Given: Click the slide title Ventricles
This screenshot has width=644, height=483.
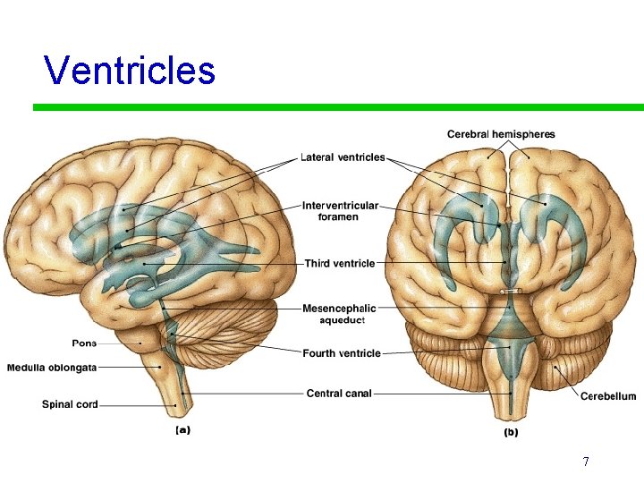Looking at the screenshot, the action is (130, 70).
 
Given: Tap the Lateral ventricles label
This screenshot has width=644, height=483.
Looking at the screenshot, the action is (343, 157).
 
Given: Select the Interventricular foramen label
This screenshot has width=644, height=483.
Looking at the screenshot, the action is (340, 211).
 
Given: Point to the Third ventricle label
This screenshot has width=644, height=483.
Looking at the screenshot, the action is (340, 264).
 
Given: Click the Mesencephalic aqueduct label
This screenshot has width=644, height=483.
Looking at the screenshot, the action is (339, 314).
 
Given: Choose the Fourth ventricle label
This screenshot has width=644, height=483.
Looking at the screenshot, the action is (342, 353).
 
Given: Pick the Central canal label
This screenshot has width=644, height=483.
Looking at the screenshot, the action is (339, 393).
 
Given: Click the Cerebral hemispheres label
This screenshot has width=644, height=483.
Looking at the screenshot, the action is (501, 135).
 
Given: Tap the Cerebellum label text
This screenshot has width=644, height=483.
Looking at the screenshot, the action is (608, 396).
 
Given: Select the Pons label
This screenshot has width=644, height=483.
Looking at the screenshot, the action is (84, 343).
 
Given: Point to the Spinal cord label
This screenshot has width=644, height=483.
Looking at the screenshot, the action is (70, 404).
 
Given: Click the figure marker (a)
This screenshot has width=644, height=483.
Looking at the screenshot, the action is (182, 430).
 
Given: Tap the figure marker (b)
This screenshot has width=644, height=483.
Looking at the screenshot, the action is (510, 432).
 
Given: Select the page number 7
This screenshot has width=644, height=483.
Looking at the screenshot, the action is (585, 462).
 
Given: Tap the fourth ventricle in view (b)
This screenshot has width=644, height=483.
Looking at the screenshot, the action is (509, 344).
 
